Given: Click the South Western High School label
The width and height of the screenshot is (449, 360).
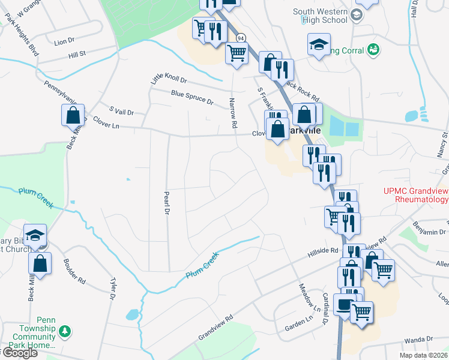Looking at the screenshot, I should (320, 16).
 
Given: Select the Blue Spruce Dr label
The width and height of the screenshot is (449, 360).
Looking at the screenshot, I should (192, 98).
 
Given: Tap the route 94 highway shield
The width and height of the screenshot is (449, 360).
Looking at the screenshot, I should (241, 38).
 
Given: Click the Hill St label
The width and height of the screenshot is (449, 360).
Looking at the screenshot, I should (77, 55).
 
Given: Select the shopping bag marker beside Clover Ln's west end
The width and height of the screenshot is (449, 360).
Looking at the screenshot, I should (73, 115).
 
